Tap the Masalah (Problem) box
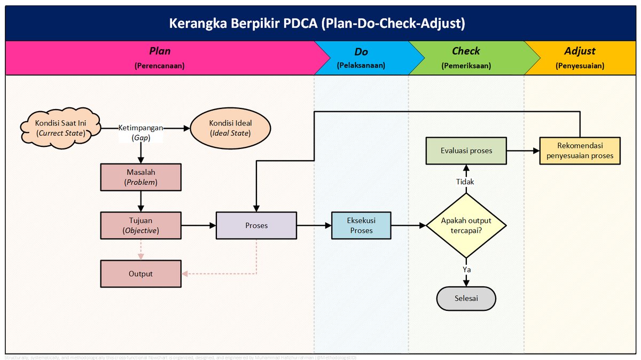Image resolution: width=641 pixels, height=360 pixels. coord(140,177)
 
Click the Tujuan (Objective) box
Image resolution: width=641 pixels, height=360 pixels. coord(140,225)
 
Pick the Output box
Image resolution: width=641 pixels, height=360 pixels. coord(140,273)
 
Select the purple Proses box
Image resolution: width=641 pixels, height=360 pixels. coord(256,225)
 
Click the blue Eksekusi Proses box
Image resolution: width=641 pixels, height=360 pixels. coord(361,225)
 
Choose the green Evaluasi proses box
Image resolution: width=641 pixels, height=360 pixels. coord(466,151)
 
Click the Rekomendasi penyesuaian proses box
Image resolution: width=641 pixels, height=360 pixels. coord(580,151)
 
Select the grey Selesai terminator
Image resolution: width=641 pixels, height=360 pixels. coord(466,298)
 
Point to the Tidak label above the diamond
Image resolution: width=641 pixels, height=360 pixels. coord(465,182)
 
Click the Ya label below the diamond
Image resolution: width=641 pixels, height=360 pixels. coord(466,270)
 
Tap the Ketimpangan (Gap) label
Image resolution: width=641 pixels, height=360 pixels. coord(140,132)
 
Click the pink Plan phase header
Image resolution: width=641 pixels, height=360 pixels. coord(160,58)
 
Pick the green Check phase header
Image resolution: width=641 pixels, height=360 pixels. coord(466,58)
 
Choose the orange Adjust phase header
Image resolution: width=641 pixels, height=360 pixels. coord(580,58)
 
